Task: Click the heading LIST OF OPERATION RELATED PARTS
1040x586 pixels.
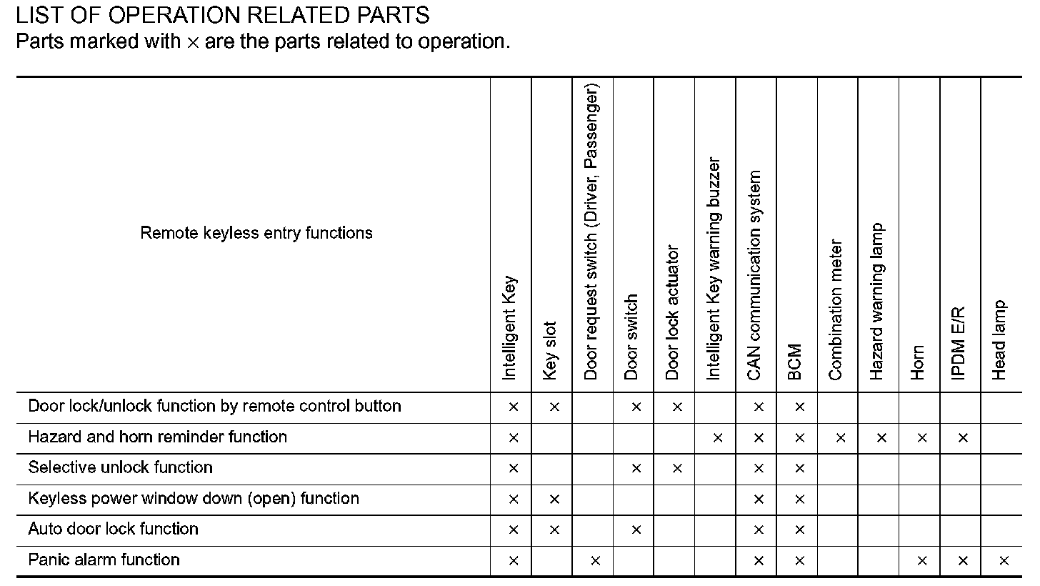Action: click(x=222, y=14)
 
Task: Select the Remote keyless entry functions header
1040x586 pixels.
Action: click(x=256, y=233)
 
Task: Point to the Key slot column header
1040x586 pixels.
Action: click(x=550, y=350)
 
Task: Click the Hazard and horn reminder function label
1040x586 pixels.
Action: click(x=157, y=437)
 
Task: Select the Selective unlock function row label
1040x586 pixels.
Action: click(x=120, y=467)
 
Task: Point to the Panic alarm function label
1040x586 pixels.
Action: click(x=104, y=560)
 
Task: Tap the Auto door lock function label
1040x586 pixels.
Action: click(x=113, y=529)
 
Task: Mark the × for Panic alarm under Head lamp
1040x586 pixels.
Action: click(x=1004, y=561)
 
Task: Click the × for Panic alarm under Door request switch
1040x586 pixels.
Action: click(x=596, y=561)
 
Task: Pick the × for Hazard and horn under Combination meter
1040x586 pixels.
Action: click(x=841, y=438)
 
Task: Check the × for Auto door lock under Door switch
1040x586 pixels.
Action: click(x=636, y=530)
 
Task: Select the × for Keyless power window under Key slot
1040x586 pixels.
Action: click(x=554, y=500)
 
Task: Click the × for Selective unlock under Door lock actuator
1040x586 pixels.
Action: click(x=677, y=469)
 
